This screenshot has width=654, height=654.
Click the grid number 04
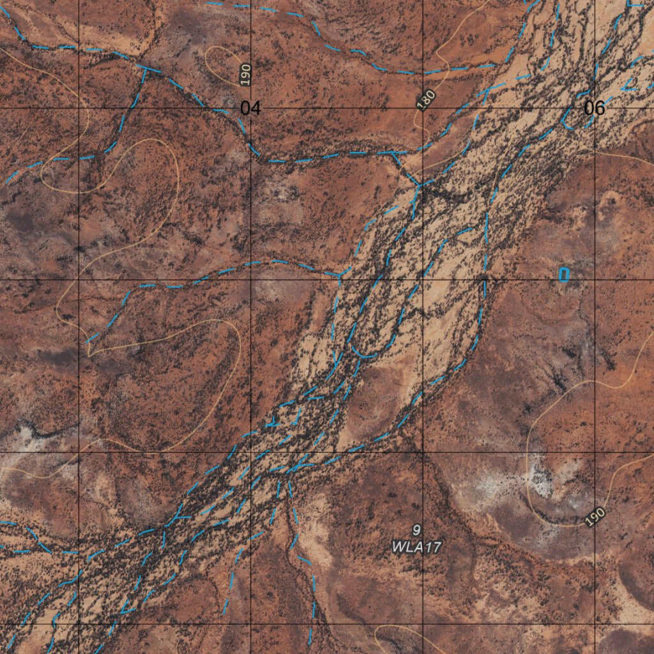coord(250,108)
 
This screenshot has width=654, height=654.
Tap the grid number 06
coord(594,108)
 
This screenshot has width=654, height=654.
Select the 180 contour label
coord(425,99)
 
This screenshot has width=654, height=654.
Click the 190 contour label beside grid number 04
coord(246,75)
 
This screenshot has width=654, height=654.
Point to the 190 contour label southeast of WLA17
coord(595,517)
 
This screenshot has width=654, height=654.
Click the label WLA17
coord(416,547)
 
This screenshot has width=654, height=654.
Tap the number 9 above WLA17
coord(416,529)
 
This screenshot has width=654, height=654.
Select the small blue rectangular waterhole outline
coord(563,275)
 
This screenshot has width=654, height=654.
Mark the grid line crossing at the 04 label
coord(250,108)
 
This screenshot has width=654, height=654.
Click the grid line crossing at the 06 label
coord(595,108)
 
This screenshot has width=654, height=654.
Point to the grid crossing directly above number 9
coord(422,452)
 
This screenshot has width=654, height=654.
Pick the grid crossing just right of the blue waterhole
coord(595,280)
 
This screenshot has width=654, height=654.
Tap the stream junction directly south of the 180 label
coord(420,185)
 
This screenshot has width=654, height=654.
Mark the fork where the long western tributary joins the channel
coord(339,275)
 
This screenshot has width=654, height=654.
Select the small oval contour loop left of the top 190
coord(221,64)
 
